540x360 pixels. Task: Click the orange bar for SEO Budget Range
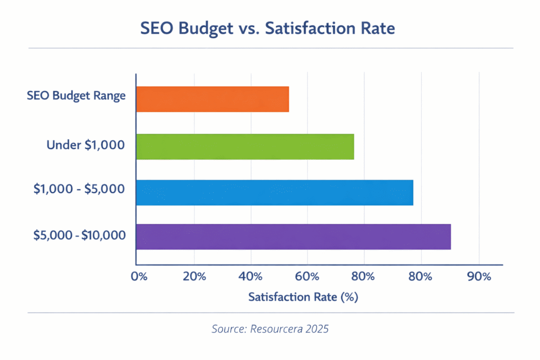(x=213, y=99)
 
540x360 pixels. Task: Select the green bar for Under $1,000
(x=245, y=147)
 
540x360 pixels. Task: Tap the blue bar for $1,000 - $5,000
(x=274, y=192)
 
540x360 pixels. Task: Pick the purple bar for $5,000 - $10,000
(x=293, y=237)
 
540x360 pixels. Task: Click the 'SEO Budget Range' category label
(x=76, y=96)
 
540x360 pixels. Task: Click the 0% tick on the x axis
(x=139, y=277)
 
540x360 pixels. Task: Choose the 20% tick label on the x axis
(x=194, y=277)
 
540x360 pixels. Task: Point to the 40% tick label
(x=250, y=277)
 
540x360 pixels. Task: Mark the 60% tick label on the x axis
(x=307, y=277)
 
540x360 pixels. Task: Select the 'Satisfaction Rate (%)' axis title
(x=303, y=297)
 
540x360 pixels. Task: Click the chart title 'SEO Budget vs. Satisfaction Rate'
(x=267, y=28)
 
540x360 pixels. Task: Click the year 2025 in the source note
(x=316, y=329)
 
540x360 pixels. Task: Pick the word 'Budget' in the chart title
(x=207, y=28)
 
